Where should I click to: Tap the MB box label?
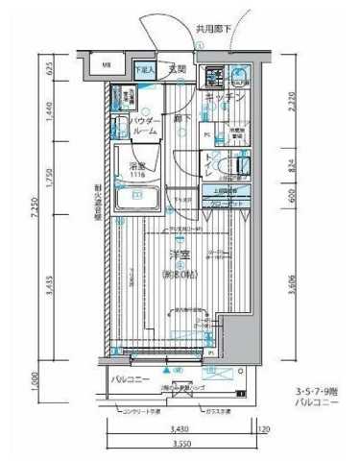(x=108, y=66)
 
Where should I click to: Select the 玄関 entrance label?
(x=177, y=69)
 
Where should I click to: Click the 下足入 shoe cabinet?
(x=142, y=69)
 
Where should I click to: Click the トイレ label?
(x=214, y=165)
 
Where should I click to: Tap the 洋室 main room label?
(x=178, y=255)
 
